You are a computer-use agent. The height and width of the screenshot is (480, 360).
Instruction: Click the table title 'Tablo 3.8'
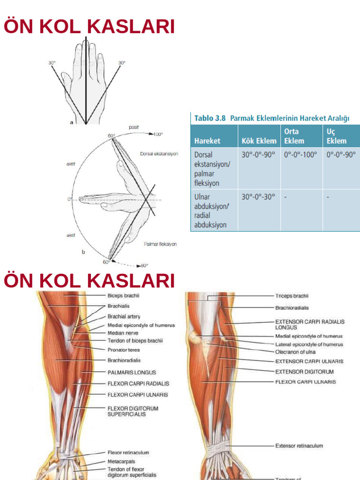click(x=210, y=119)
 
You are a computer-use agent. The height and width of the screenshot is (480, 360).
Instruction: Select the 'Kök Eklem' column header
click(x=257, y=141)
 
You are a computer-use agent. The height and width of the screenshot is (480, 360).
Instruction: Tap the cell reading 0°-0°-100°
click(x=300, y=154)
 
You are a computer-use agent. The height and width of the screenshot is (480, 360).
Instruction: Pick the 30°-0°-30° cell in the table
click(x=258, y=197)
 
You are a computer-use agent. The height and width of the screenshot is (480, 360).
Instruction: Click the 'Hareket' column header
click(x=207, y=141)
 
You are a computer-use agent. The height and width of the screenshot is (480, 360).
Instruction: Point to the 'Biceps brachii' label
click(x=123, y=296)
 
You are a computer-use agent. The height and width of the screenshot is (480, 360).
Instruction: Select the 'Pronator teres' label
click(x=124, y=350)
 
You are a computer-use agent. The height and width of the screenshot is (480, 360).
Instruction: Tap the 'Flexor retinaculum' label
click(x=128, y=453)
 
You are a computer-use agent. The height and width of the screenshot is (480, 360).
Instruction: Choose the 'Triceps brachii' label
click(x=292, y=296)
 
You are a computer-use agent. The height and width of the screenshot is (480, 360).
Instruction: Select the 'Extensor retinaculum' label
click(x=299, y=446)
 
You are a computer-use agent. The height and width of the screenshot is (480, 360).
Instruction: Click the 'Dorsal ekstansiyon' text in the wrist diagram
click(x=159, y=154)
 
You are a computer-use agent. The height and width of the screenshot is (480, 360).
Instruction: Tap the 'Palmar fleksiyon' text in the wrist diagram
click(x=160, y=244)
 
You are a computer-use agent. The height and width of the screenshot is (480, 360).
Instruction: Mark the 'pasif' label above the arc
click(x=135, y=127)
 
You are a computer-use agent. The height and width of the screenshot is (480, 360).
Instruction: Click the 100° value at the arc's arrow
click(x=158, y=134)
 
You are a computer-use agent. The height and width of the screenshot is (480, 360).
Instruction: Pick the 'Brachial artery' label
click(x=124, y=316)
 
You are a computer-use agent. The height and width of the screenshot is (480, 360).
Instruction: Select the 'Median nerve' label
click(x=122, y=333)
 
